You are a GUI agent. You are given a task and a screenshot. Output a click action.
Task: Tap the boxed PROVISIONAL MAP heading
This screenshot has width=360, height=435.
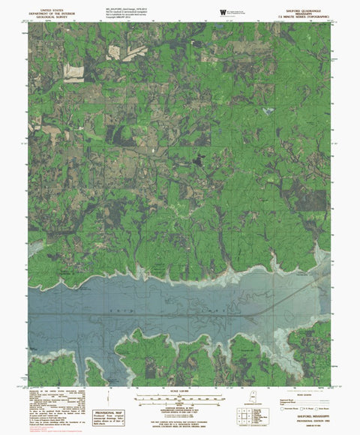tap(109, 412)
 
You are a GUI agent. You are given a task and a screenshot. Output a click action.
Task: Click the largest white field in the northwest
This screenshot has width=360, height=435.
tap(75, 72)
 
